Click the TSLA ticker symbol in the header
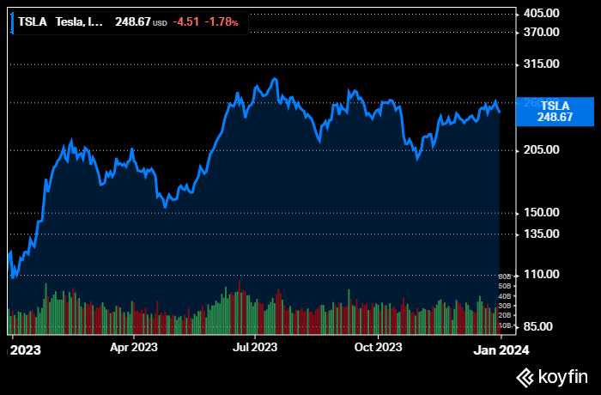click(33, 22)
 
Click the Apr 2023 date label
click(133, 348)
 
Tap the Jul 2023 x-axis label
click(255, 348)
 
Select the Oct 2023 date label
click(378, 348)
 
